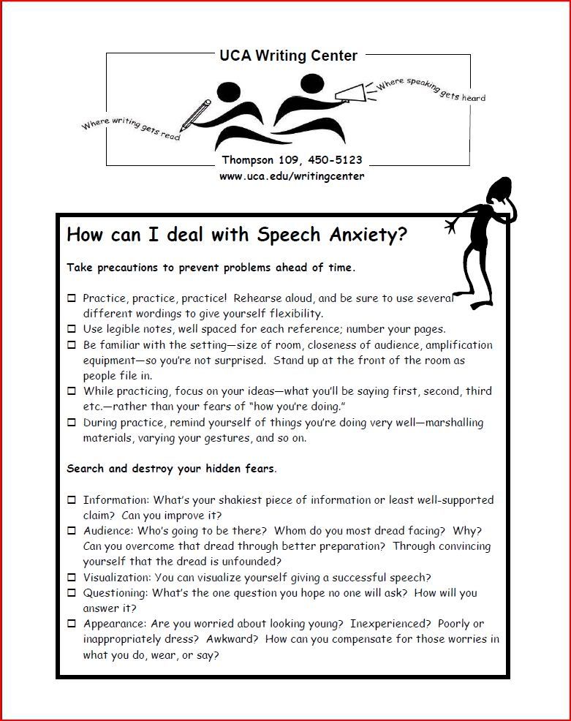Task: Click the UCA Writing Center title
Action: pos(288,56)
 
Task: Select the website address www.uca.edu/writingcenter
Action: pos(292,176)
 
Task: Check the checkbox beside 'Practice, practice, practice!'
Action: pos(72,298)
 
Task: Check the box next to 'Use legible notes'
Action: pos(72,329)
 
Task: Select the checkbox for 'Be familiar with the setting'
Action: pos(72,345)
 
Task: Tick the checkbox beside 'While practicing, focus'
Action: pos(72,391)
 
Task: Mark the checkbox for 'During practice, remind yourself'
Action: pos(72,423)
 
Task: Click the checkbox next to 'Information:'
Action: pos(72,500)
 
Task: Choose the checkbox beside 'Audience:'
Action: pos(72,531)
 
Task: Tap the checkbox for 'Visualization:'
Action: pos(72,578)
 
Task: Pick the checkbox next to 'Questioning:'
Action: pos(72,593)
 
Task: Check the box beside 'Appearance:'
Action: pos(72,624)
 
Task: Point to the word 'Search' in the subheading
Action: pos(86,469)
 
